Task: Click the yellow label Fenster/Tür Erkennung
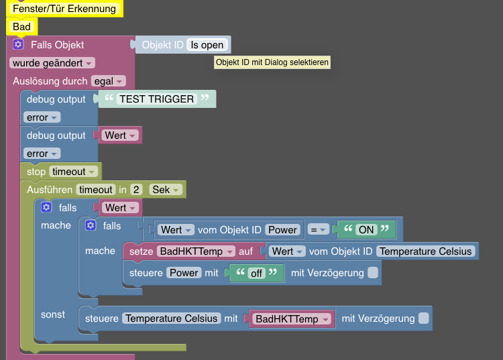pyautogui.click(x=64, y=9)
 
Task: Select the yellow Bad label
pyautogui.click(x=21, y=27)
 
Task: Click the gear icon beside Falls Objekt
pyautogui.click(x=19, y=44)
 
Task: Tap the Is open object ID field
pyautogui.click(x=207, y=45)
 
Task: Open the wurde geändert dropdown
pyautogui.click(x=52, y=62)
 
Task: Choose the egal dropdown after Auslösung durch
pyautogui.click(x=109, y=81)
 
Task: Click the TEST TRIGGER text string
pyautogui.click(x=157, y=99)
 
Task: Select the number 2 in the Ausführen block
pyautogui.click(x=135, y=190)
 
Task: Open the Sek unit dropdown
pyautogui.click(x=166, y=190)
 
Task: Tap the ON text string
pyautogui.click(x=366, y=229)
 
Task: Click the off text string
pyautogui.click(x=256, y=273)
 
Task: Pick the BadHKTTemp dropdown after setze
pyautogui.click(x=195, y=251)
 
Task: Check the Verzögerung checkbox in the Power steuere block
pyautogui.click(x=373, y=273)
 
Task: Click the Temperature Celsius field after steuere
pyautogui.click(x=171, y=318)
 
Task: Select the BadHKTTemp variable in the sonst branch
pyautogui.click(x=290, y=319)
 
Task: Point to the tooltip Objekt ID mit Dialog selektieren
pyautogui.click(x=272, y=62)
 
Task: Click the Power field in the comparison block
pyautogui.click(x=283, y=229)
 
